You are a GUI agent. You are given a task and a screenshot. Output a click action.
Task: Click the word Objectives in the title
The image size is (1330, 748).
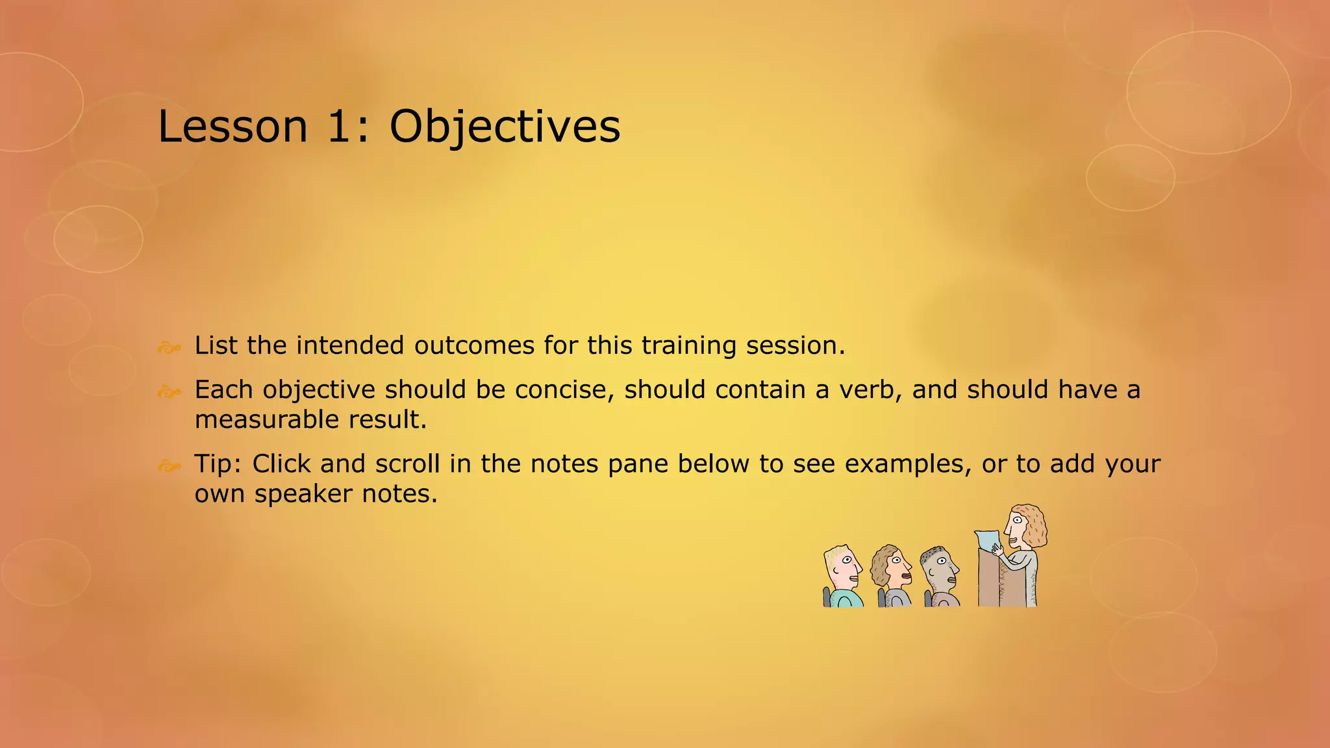(x=505, y=127)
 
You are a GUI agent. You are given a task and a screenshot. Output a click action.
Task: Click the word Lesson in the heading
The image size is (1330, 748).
(x=232, y=127)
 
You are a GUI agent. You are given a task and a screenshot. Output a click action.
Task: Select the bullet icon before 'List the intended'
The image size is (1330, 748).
(x=169, y=348)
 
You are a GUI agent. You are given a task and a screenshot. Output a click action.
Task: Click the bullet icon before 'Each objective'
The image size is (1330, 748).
(x=169, y=392)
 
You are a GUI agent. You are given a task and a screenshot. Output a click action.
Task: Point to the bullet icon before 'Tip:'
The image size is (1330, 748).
(x=169, y=466)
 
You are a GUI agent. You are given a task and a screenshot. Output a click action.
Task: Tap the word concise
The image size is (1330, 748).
(x=564, y=390)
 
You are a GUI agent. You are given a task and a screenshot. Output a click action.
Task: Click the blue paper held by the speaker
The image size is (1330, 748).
(x=987, y=542)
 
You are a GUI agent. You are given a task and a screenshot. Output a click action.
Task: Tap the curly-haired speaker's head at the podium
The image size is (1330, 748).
(x=1025, y=525)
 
